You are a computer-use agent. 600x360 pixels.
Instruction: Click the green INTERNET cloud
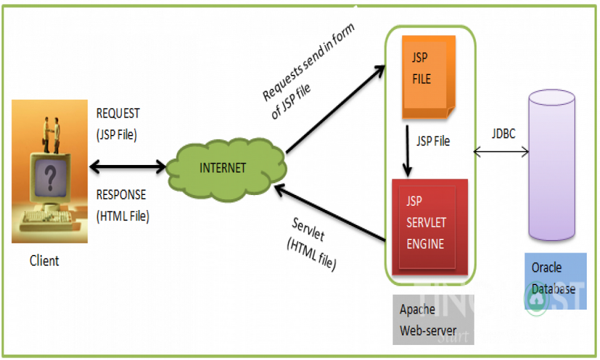tap(225, 167)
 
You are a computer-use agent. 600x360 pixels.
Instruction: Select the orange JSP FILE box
tap(427, 76)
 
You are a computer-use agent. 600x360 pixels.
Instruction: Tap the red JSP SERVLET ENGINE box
tap(429, 225)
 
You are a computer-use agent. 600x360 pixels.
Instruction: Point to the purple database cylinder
tap(551, 169)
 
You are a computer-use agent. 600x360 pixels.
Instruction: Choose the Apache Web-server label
tap(428, 319)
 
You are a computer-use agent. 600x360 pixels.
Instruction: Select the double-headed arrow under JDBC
tap(501, 151)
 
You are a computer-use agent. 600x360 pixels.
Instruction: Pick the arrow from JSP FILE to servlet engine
tap(408, 150)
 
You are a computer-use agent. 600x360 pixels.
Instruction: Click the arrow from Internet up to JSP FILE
tap(334, 109)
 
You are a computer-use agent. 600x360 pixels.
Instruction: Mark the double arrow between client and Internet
tap(127, 167)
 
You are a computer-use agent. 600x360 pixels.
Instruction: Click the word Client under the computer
tap(44, 261)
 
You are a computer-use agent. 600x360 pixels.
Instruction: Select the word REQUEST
tap(118, 114)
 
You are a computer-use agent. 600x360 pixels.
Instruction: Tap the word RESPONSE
tap(121, 194)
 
